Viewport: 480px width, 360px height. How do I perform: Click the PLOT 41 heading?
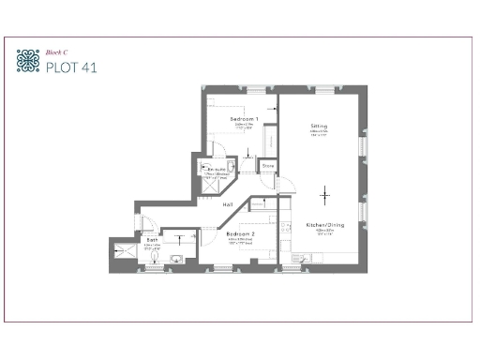coord(70,67)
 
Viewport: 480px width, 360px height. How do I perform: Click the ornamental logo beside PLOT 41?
coord(29,60)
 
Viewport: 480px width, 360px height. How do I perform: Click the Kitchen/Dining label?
coord(322,225)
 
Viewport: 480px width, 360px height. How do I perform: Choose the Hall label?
coord(228,204)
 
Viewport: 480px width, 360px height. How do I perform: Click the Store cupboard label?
coord(267,166)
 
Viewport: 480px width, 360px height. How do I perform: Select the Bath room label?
coord(152,241)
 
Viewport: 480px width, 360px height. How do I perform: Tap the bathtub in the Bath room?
coord(179,235)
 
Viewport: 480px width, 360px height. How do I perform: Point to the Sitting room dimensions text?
coord(319,133)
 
